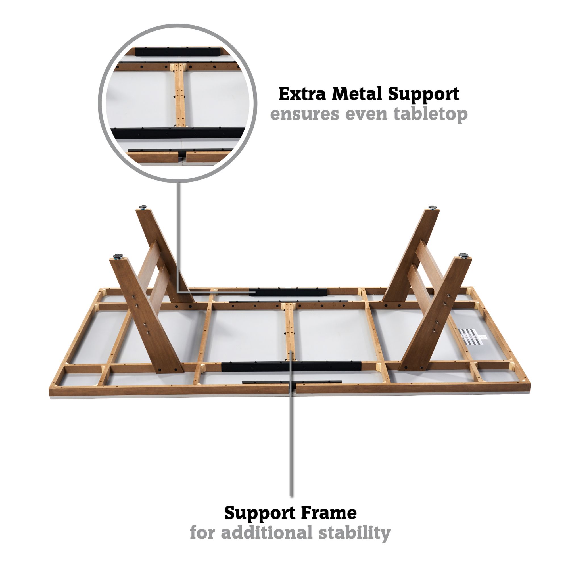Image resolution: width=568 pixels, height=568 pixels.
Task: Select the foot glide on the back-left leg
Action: (x=144, y=207)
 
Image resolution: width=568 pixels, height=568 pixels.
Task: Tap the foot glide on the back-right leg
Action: (x=432, y=208)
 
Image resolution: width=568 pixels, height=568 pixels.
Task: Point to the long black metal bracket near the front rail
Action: (x=291, y=366)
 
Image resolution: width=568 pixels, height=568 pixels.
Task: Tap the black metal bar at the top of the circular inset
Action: (x=178, y=51)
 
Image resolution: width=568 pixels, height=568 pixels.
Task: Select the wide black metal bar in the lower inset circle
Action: (x=178, y=133)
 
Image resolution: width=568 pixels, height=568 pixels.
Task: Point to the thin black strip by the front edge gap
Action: (x=292, y=382)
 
